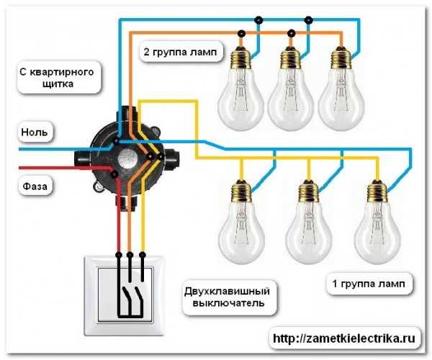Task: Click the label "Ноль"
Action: [x=36, y=132]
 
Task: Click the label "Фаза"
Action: [x=36, y=185]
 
